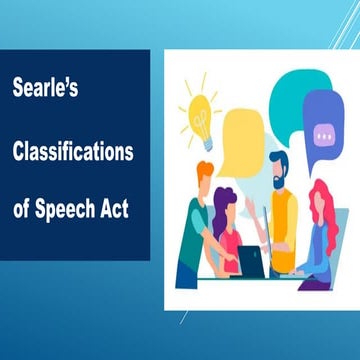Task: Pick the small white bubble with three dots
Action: (322, 133)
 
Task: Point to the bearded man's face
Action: (279, 171)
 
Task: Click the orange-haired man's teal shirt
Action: (192, 235)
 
